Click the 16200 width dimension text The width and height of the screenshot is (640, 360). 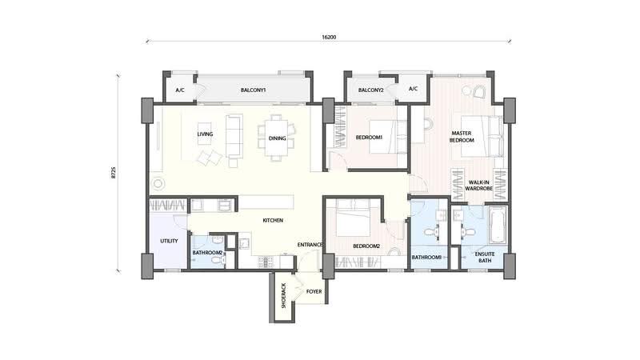[329, 37]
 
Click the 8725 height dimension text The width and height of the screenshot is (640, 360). [114, 172]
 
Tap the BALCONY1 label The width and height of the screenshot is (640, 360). [253, 90]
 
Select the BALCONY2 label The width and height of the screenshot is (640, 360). [370, 90]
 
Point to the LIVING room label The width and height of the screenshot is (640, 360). [205, 134]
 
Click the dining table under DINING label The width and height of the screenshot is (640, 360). [277, 138]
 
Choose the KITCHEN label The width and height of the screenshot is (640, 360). [273, 221]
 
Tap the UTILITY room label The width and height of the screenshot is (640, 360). [169, 241]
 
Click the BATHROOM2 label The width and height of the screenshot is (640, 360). [207, 253]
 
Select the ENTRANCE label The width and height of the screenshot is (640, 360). [310, 245]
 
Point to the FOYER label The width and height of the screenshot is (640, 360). [314, 291]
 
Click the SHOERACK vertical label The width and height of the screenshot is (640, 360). [284, 295]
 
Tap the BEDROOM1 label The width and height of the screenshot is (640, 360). [369, 138]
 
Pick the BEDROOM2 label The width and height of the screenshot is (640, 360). [366, 246]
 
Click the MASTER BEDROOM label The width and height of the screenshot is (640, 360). [462, 137]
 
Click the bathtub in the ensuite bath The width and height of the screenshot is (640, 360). [497, 226]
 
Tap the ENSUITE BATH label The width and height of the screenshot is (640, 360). [485, 257]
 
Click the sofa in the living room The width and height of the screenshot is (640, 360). [234, 136]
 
